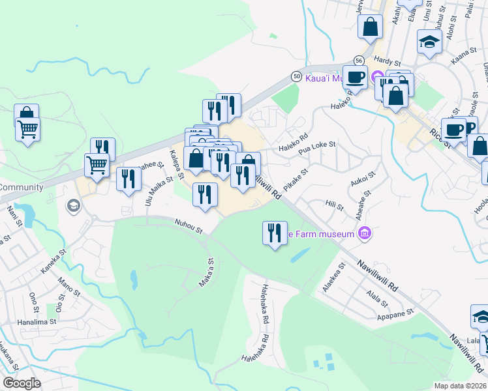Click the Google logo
tap(22, 383)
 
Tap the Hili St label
tap(335, 206)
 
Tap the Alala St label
tap(377, 298)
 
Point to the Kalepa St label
tap(177, 163)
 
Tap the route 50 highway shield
tap(296, 76)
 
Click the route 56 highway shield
tap(359, 59)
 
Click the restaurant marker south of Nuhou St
tap(275, 233)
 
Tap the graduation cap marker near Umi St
tap(430, 42)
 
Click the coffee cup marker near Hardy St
tap(355, 76)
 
